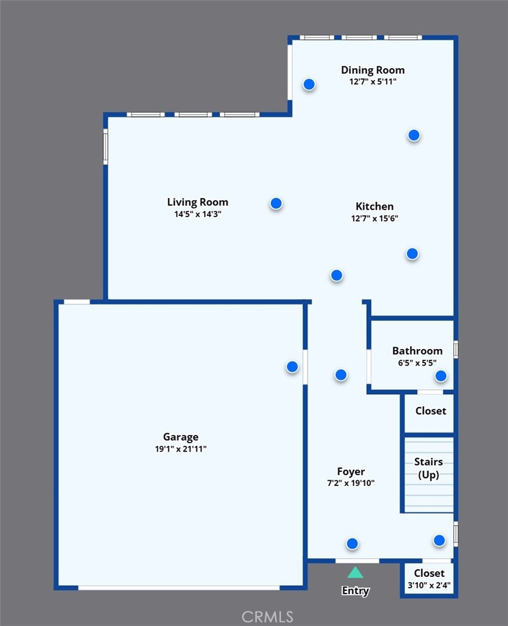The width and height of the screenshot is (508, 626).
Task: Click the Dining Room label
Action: [x=373, y=70]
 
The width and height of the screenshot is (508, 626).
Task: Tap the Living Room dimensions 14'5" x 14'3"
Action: [x=198, y=214]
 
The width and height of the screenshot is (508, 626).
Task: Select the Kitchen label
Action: [x=374, y=206]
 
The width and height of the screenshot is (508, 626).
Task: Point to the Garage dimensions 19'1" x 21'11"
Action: [x=181, y=449]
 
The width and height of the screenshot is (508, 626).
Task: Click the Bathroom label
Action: [x=417, y=350]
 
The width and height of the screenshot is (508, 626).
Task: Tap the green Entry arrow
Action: [x=355, y=573]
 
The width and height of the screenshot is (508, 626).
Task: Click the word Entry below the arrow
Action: [x=355, y=590]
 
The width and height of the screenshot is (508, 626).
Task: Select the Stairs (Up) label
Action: [x=429, y=468]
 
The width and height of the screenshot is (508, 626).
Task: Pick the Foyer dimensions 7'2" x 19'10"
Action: [x=351, y=483]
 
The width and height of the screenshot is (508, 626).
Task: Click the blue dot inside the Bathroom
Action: [x=441, y=376]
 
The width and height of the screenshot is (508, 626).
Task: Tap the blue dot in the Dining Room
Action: [x=309, y=84]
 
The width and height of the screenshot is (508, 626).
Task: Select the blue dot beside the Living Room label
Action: [x=276, y=203]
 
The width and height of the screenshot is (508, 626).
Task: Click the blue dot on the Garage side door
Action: [x=292, y=367]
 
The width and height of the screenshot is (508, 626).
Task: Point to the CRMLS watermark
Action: [x=267, y=617]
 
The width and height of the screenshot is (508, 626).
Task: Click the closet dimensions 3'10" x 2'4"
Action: [x=429, y=585]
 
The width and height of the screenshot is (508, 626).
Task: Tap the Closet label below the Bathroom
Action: [x=430, y=411]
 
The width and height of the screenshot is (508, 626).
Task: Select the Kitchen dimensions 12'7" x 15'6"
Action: [x=374, y=218]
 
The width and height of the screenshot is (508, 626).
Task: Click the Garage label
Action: [x=181, y=437]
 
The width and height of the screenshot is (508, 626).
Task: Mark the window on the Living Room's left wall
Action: [x=106, y=146]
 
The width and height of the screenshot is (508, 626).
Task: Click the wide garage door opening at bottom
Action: [x=179, y=588]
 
